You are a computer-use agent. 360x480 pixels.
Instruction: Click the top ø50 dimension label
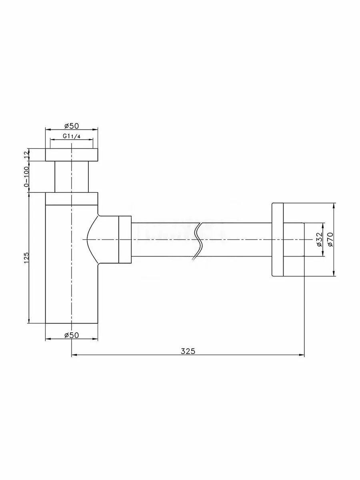click(72, 126)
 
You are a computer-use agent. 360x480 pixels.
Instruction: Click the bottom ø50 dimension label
click(72, 335)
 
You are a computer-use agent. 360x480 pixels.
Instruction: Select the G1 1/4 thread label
click(72, 136)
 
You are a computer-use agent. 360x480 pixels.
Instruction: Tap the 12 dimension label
click(26, 155)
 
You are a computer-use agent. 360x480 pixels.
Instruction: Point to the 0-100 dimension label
click(26, 177)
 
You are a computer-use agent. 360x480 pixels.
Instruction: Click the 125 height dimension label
click(26, 258)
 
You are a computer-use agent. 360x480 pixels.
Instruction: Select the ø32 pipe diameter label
click(319, 240)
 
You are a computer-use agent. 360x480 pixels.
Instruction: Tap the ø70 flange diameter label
click(330, 240)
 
